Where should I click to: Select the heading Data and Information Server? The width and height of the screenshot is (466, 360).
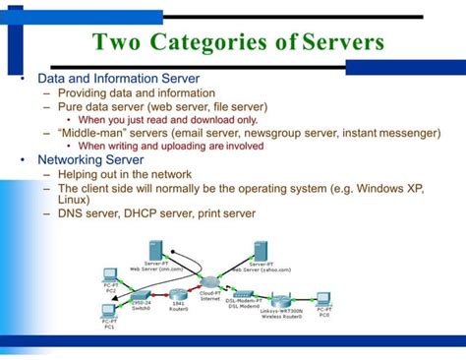coord(118,78)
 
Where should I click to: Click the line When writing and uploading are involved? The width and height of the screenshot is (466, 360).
coord(171,146)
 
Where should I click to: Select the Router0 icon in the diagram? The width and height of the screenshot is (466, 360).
coord(178,294)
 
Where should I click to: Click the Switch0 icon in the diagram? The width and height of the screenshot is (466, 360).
coord(141,294)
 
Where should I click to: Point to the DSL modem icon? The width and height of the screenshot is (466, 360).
coord(243,295)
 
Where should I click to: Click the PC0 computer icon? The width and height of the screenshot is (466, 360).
coord(322,297)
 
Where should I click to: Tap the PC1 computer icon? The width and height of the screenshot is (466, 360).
coord(108,313)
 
